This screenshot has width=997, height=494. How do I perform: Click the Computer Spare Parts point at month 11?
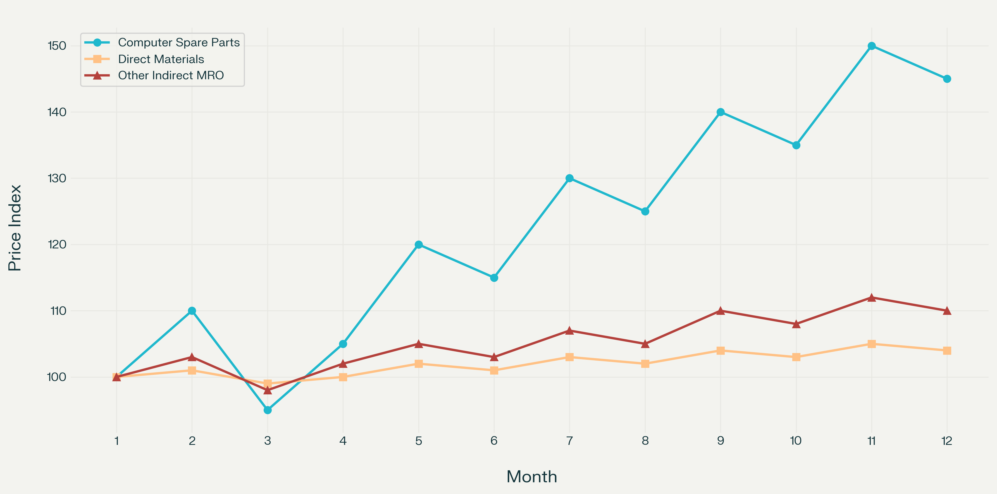871,46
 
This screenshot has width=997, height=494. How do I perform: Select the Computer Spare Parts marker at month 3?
268,410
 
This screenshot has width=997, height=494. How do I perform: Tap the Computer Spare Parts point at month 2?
192,311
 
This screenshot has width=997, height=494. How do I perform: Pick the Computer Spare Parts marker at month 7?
569,178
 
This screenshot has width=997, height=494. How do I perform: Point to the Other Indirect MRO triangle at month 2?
192,357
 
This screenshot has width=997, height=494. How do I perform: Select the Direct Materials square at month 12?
947,351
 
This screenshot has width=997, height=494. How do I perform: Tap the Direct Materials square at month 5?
418,364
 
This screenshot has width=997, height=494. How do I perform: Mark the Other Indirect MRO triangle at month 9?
720,311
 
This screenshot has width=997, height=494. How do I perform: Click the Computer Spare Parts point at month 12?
947,79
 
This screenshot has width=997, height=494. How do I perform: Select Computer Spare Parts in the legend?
178,42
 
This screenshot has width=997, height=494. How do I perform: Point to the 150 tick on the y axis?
57,46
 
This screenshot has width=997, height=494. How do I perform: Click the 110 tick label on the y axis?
58,311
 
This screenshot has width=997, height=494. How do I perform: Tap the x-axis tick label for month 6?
494,441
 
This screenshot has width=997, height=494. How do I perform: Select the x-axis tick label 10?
796,441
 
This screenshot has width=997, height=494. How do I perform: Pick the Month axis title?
532,477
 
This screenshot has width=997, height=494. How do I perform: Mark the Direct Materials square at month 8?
645,364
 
